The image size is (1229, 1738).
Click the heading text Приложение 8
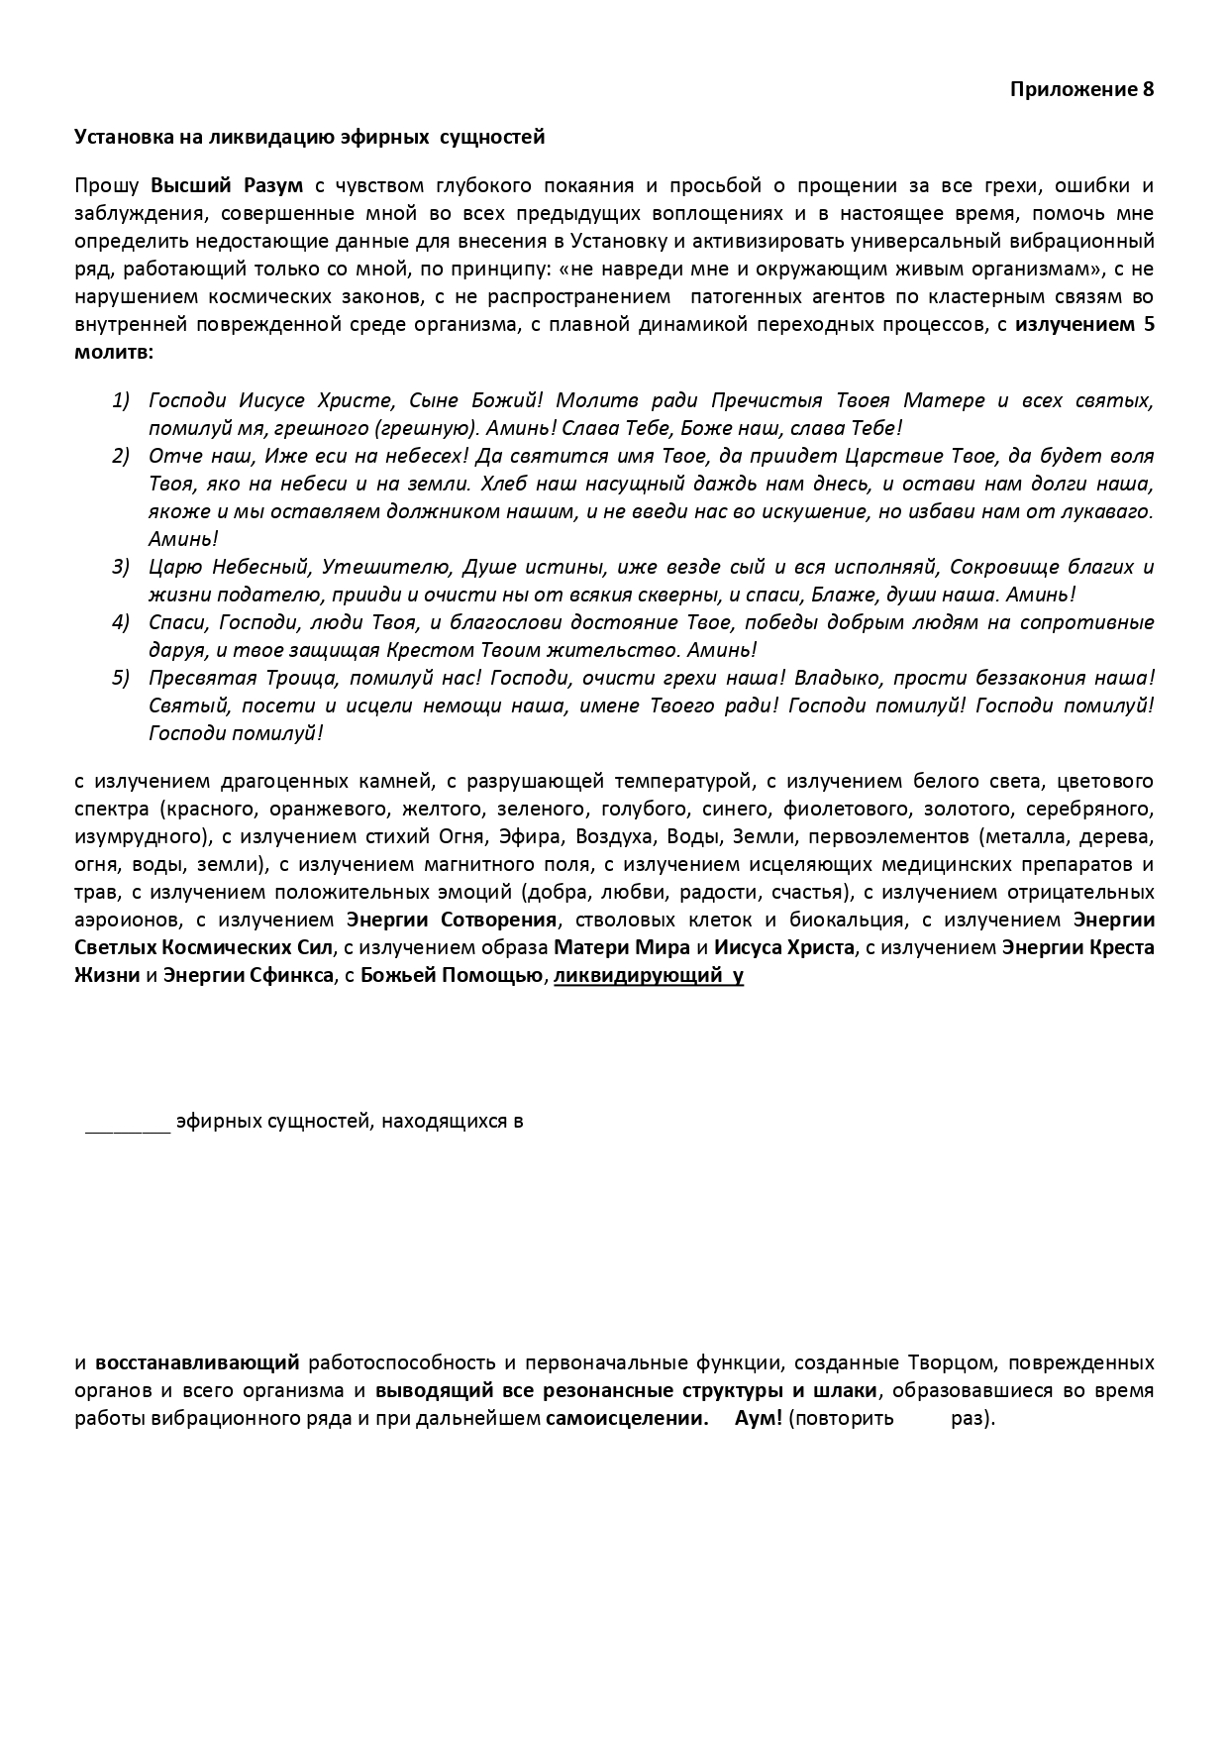pyautogui.click(x=1081, y=89)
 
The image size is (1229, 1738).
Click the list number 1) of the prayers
pyautogui.click(x=121, y=400)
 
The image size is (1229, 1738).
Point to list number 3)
pyautogui.click(x=121, y=567)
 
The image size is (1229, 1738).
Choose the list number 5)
pyautogui.click(x=121, y=678)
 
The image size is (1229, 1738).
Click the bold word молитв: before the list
pyautogui.click(x=114, y=352)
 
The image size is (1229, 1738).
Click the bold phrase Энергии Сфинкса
pyautogui.click(x=248, y=975)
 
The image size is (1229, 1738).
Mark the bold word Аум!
pyautogui.click(x=759, y=1418)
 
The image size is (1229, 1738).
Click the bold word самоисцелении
pyautogui.click(x=627, y=1418)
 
